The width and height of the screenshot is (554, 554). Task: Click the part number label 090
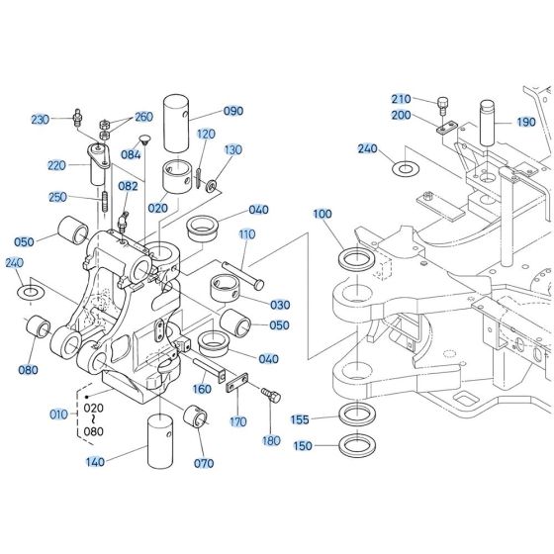click(233, 111)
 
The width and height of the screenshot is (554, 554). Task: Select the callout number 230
click(40, 120)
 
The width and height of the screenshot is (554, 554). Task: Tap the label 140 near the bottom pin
click(95, 462)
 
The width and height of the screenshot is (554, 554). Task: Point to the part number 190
click(524, 122)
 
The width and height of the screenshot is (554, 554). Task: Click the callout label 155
click(300, 419)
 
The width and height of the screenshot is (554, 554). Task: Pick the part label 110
click(247, 234)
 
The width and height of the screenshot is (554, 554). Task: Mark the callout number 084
click(131, 154)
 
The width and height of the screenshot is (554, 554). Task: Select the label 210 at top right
click(401, 99)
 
